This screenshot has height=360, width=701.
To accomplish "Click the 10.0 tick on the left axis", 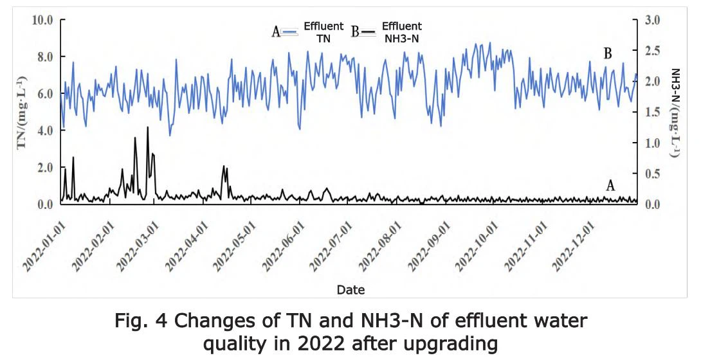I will click(x=42, y=20).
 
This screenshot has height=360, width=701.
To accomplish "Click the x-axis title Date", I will click(x=350, y=290).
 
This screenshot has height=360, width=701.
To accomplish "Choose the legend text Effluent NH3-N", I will click(x=402, y=32).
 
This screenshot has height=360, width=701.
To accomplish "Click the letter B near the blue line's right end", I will click(x=607, y=54).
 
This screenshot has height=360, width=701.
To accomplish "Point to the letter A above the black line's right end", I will click(x=610, y=186).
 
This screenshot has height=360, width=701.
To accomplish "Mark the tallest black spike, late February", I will click(x=147, y=127).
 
